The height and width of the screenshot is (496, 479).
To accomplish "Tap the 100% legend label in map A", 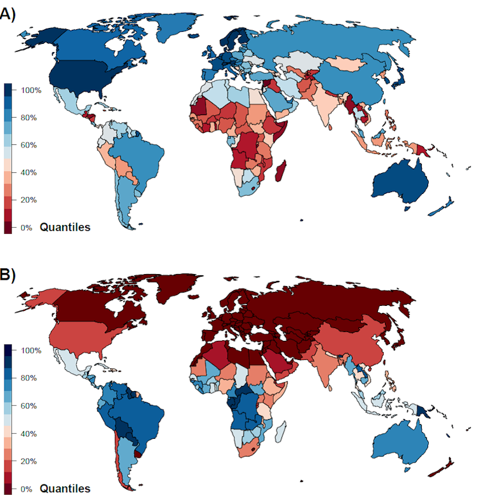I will [x=31, y=90].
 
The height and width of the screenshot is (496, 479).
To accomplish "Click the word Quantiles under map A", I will [x=65, y=227].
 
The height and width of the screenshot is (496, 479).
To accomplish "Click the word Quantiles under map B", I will [x=65, y=488].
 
